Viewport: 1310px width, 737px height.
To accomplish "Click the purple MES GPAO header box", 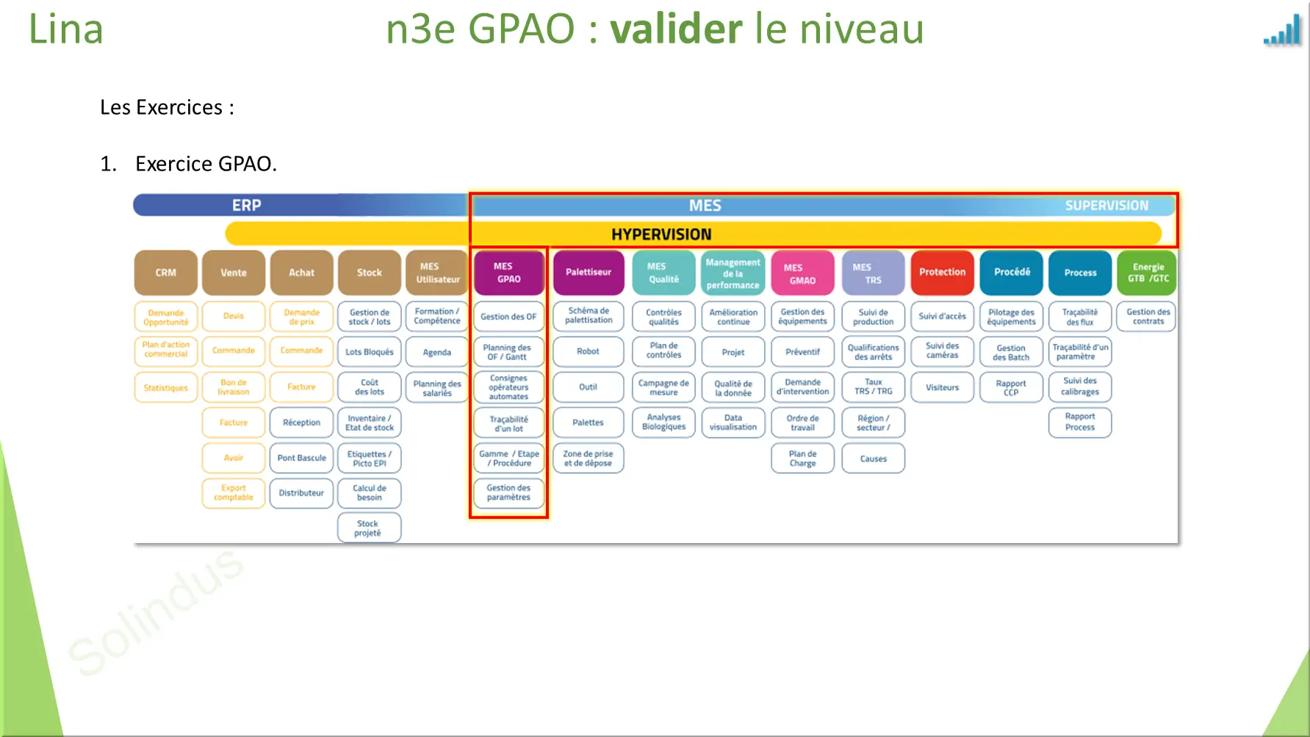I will [508, 273].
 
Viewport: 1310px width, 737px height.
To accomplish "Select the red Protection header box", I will [942, 273].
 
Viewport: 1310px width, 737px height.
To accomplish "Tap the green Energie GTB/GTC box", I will [1148, 273].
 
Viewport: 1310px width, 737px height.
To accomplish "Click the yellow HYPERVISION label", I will [661, 234].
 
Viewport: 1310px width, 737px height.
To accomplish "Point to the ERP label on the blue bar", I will [247, 206].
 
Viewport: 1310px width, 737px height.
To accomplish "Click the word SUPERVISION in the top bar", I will [1106, 206].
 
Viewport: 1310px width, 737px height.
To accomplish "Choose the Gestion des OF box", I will [508, 317].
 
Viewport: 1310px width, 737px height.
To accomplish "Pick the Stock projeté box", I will [369, 528].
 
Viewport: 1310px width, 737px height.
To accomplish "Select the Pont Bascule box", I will [301, 458].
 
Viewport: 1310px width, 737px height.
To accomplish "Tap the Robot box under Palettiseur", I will [588, 351].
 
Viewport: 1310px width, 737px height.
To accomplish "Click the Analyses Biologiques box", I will [663, 423].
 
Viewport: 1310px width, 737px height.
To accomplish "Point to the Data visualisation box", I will [733, 423].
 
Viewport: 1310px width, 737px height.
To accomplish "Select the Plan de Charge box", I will [802, 459].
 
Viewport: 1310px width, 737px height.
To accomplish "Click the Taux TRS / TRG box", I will [873, 387].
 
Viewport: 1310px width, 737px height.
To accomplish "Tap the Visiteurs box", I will [942, 387].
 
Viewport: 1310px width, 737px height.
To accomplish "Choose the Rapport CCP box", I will [1011, 387].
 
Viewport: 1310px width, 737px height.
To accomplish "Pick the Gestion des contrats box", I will [1148, 317].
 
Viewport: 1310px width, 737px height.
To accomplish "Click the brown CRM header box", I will [165, 273].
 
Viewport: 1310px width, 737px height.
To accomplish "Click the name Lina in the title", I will [65, 29].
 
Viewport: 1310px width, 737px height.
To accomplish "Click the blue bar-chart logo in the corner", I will [1283, 32].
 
